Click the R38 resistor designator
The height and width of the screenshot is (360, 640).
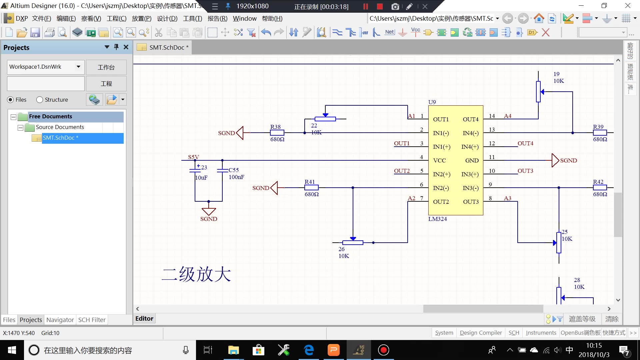click(x=275, y=127)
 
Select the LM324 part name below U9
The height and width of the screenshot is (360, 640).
click(x=437, y=219)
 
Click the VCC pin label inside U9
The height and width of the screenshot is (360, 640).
click(x=439, y=160)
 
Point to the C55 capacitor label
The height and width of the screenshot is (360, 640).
click(x=234, y=170)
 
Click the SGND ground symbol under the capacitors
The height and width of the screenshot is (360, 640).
click(x=209, y=212)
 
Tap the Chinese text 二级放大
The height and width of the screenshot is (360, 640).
click(x=196, y=275)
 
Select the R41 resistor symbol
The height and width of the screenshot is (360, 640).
click(x=311, y=188)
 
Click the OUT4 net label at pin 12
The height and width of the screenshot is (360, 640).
click(x=525, y=143)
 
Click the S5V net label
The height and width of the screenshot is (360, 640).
click(x=193, y=157)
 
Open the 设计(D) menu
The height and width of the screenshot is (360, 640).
click(x=167, y=19)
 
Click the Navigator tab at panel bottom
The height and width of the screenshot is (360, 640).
click(x=60, y=320)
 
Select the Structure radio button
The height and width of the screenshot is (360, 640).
click(x=40, y=100)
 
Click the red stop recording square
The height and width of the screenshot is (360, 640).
click(x=380, y=6)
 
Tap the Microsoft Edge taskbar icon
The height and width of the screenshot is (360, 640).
click(x=309, y=350)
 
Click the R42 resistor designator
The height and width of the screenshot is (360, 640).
click(x=598, y=182)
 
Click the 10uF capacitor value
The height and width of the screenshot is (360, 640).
click(x=201, y=178)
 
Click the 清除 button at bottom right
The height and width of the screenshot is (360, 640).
click(x=612, y=319)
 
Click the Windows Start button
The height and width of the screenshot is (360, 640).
click(x=12, y=350)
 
